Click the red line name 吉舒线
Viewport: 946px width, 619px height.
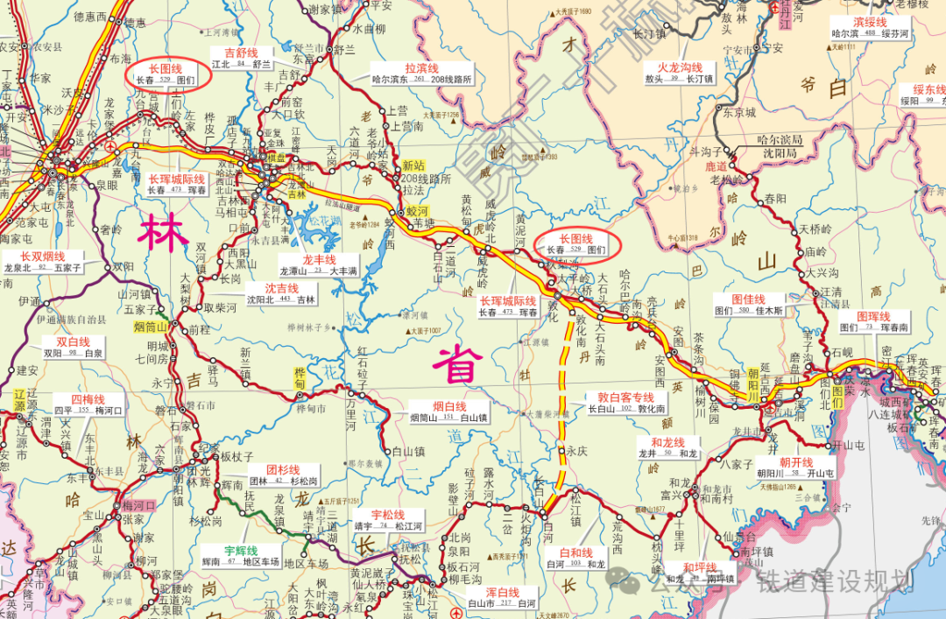[242, 53]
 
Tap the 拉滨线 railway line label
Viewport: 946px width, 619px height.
[421, 67]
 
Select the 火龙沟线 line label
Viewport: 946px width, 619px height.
[680, 67]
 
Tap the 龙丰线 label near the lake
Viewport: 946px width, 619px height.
[319, 260]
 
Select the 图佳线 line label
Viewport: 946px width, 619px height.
[750, 299]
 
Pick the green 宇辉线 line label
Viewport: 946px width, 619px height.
[240, 551]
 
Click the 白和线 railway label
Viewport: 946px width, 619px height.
[576, 553]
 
